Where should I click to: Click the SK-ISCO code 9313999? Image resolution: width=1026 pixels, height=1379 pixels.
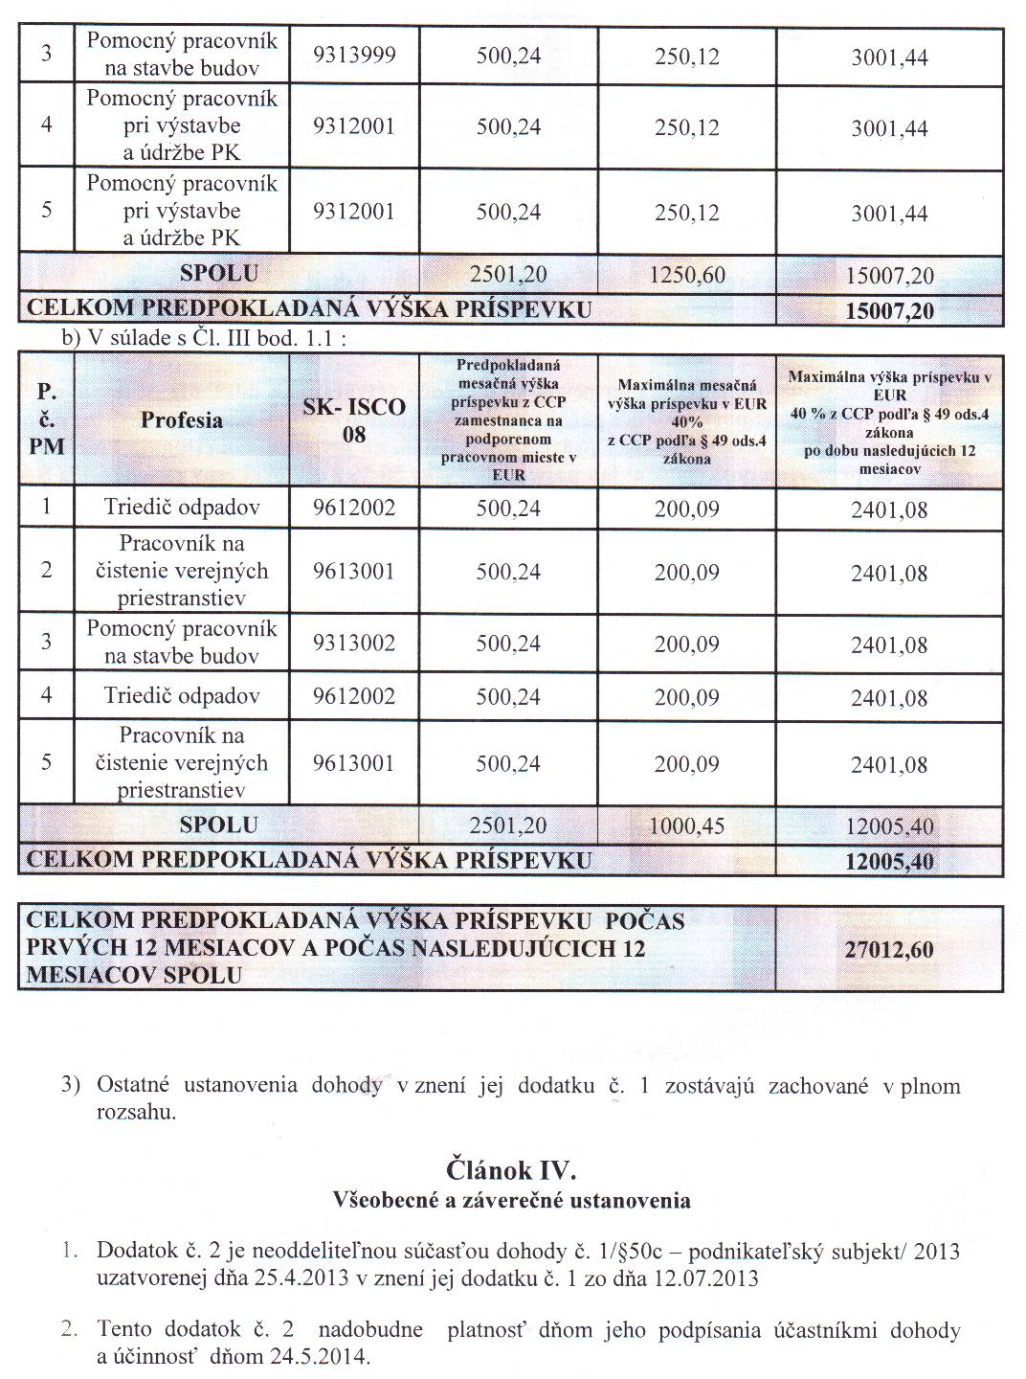point(354,56)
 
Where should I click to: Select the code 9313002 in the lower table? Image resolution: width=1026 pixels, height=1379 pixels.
point(354,643)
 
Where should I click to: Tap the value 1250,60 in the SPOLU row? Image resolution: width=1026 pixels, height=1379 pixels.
point(686,276)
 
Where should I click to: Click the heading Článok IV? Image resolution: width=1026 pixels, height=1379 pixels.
point(511,1170)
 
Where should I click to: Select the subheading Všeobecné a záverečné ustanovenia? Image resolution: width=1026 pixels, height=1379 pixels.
point(511,1199)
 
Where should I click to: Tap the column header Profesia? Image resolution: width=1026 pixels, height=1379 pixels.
point(182,419)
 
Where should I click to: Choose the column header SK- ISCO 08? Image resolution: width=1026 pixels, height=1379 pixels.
point(354,420)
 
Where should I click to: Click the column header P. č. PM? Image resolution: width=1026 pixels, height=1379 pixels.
point(46,419)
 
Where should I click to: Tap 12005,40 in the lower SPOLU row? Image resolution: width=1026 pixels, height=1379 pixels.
point(889,826)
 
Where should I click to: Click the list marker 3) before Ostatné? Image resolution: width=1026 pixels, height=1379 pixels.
point(69,1086)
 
